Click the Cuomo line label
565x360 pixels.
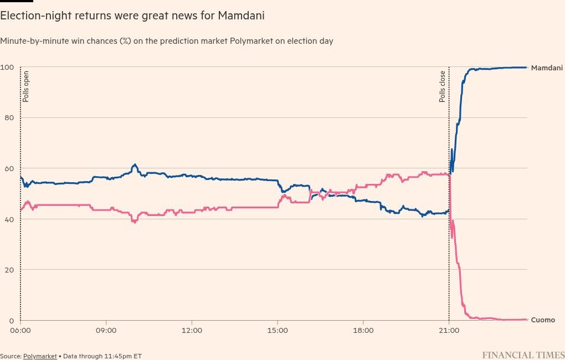pos(543,320)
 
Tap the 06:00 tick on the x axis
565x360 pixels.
pos(20,331)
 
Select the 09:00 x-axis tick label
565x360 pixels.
pos(106,331)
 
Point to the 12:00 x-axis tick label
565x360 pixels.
pos(192,331)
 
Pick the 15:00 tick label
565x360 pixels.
pos(278,331)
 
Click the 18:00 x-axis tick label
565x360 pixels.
pos(363,331)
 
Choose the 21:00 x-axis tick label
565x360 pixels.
pos(449,331)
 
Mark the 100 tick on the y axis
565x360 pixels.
pos(7,67)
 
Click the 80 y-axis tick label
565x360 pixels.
pos(9,118)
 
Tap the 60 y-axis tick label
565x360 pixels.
pos(9,168)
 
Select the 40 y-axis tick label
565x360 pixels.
pos(9,219)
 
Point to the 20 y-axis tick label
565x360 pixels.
pos(9,270)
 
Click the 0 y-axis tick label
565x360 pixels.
pos(12,321)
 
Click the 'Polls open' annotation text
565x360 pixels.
pos(26,86)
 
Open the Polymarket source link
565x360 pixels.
pos(40,356)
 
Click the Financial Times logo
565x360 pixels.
pos(523,355)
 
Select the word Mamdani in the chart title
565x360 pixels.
pos(241,16)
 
